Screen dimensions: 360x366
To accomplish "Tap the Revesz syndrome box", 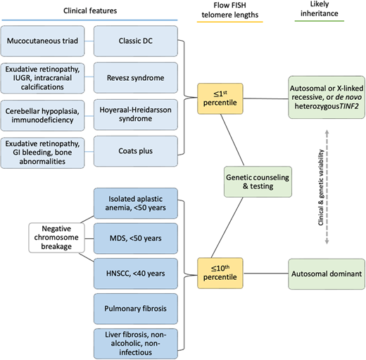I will point(133,78).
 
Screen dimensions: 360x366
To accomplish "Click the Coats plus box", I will point(133,151).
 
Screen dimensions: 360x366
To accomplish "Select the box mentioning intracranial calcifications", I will point(46,78).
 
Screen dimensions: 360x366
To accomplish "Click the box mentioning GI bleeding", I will point(46,151).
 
